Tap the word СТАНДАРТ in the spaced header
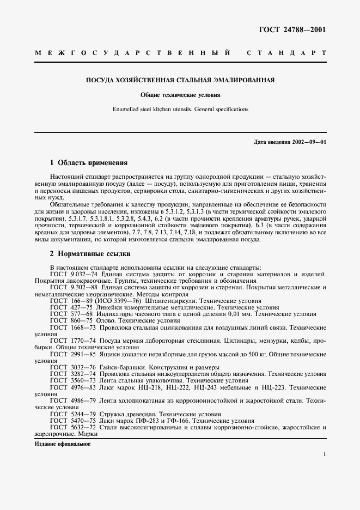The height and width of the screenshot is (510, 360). (x=286, y=53)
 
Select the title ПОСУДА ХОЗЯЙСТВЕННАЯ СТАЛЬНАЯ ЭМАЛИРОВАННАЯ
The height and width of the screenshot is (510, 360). (x=180, y=80)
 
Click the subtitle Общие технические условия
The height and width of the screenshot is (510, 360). (x=180, y=94)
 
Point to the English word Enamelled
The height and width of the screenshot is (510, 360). (x=126, y=109)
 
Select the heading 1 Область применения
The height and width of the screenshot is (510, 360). (x=89, y=162)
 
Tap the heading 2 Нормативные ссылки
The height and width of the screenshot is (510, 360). (x=90, y=254)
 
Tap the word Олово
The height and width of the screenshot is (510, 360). (x=109, y=321)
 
